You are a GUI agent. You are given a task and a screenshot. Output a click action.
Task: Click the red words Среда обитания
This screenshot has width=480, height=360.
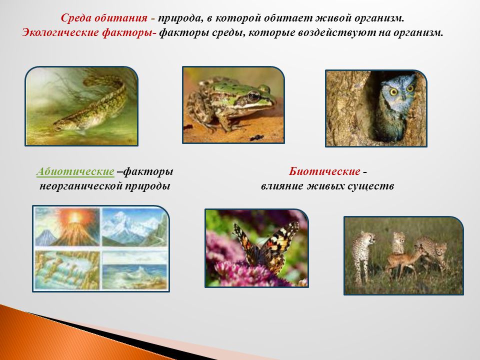pyautogui.click(x=104, y=18)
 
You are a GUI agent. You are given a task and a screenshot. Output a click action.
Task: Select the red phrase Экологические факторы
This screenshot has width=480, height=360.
pyautogui.click(x=86, y=33)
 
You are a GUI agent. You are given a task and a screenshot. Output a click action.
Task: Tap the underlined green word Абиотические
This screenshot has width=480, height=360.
pyautogui.click(x=75, y=171)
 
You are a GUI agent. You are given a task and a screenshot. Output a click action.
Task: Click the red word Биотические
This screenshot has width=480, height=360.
pyautogui.click(x=324, y=171)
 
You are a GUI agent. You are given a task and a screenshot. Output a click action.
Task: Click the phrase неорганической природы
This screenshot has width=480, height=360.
pyautogui.click(x=104, y=186)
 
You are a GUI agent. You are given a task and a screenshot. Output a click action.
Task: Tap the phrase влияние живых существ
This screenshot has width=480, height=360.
pyautogui.click(x=327, y=186)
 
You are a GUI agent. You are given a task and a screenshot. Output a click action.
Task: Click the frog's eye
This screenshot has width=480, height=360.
pyautogui.click(x=254, y=96)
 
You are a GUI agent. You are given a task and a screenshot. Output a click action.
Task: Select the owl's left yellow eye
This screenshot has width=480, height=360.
pyautogui.click(x=393, y=91)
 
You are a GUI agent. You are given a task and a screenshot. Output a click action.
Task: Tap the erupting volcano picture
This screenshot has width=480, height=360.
pyautogui.click(x=67, y=226)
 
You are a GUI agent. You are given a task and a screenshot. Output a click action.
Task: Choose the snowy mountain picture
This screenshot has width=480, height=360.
pyautogui.click(x=134, y=226)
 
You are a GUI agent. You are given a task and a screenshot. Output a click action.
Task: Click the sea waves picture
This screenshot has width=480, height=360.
pyautogui.click(x=134, y=269)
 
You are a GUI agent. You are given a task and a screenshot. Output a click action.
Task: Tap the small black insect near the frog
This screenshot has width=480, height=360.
pyautogui.click(x=256, y=138)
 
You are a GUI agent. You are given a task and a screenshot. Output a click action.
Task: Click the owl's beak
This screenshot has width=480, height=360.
pyautogui.click(x=402, y=96)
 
